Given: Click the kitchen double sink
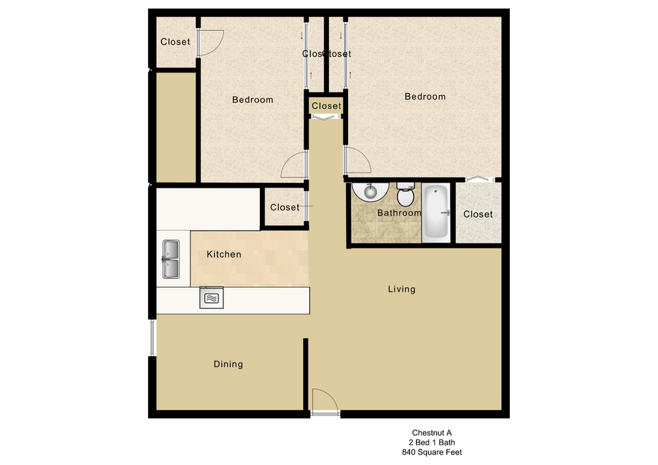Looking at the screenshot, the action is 171,259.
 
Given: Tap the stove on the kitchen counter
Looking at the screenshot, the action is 212,298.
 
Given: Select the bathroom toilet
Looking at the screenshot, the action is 405,194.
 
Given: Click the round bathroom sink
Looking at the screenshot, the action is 370,192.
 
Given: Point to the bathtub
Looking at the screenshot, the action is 436,212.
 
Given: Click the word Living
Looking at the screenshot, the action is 402,289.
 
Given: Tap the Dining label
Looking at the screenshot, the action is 228,364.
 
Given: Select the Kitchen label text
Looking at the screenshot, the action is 224,254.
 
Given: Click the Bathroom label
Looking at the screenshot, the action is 399,213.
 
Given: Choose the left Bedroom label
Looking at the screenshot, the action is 253,100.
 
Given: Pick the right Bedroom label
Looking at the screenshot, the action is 425,97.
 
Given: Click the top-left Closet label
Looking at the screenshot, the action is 175,42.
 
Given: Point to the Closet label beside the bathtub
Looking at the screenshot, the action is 478,214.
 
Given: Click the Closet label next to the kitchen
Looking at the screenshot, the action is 285,207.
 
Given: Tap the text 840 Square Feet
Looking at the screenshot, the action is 432,452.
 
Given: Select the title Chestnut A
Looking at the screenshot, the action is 432,433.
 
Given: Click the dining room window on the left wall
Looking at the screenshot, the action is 152,338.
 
